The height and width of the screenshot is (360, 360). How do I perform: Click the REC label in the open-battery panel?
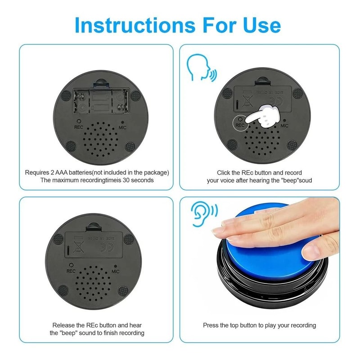click(78, 127)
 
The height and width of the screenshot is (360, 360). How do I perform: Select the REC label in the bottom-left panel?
click(71, 271)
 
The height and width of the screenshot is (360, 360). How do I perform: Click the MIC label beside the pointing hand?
click(284, 126)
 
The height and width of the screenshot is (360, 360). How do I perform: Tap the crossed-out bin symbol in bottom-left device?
click(78, 247)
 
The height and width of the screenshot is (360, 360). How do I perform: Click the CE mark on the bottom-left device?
click(103, 247)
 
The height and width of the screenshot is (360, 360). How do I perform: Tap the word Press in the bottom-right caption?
click(211, 325)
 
